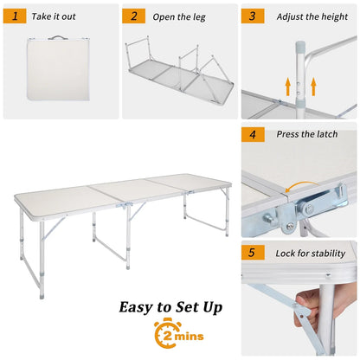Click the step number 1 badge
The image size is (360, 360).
pos(15,16)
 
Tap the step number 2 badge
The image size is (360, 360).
pos(133,16)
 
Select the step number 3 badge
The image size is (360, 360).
pos(253,16)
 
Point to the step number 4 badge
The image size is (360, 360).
pos(253,134)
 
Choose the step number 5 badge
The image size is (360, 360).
pos(253,254)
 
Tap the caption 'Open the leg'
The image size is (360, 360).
pos(177,16)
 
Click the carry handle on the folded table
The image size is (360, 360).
pos(58,38)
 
